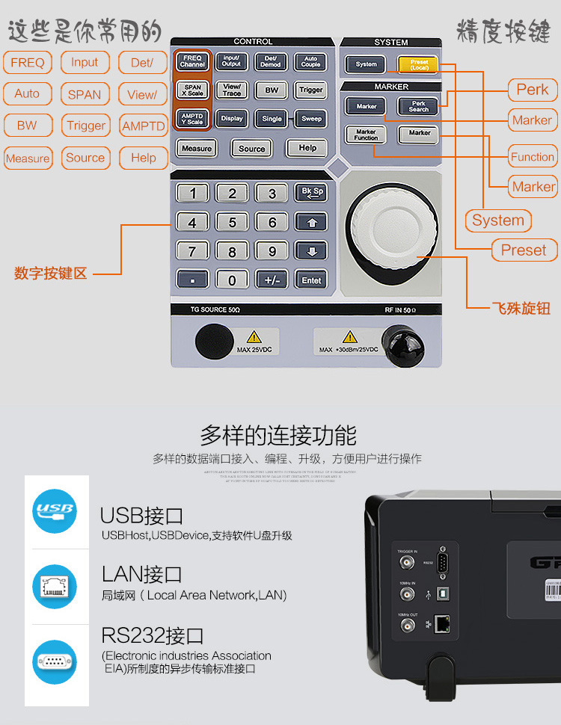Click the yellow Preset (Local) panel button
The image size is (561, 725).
point(418,64)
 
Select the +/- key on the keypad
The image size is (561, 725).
point(272,280)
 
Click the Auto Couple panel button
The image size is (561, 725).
point(310,61)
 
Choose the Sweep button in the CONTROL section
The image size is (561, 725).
point(310,118)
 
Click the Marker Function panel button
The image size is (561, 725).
point(366,134)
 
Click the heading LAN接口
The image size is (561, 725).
point(142,574)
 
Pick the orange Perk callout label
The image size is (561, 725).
point(532,90)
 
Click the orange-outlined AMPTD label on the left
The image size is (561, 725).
point(143,126)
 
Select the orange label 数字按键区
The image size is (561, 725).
point(51,274)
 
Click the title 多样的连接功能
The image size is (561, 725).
point(278,435)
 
